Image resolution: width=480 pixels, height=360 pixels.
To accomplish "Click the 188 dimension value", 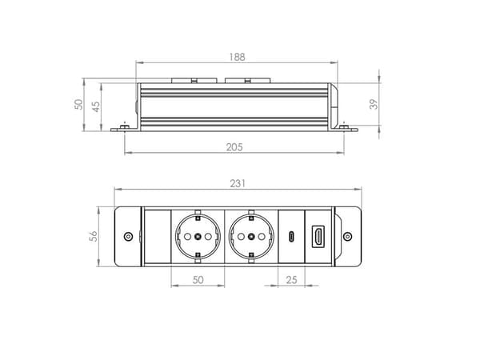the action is [x=238, y=57].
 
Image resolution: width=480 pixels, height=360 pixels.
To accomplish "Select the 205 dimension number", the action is [x=234, y=147].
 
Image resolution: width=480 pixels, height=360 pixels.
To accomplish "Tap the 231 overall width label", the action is [x=238, y=183].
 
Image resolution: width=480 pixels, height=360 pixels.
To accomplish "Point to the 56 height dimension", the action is [x=94, y=236].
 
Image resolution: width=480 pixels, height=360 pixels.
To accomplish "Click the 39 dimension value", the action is [x=374, y=104].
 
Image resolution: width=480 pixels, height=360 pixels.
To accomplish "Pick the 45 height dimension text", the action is [x=96, y=107].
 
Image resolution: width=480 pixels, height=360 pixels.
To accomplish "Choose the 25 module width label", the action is [x=291, y=279].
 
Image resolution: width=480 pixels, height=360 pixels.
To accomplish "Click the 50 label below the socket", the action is [x=198, y=279].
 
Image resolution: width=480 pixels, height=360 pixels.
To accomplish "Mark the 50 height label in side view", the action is [x=78, y=104].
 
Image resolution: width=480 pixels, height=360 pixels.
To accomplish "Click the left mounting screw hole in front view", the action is [x=128, y=236].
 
